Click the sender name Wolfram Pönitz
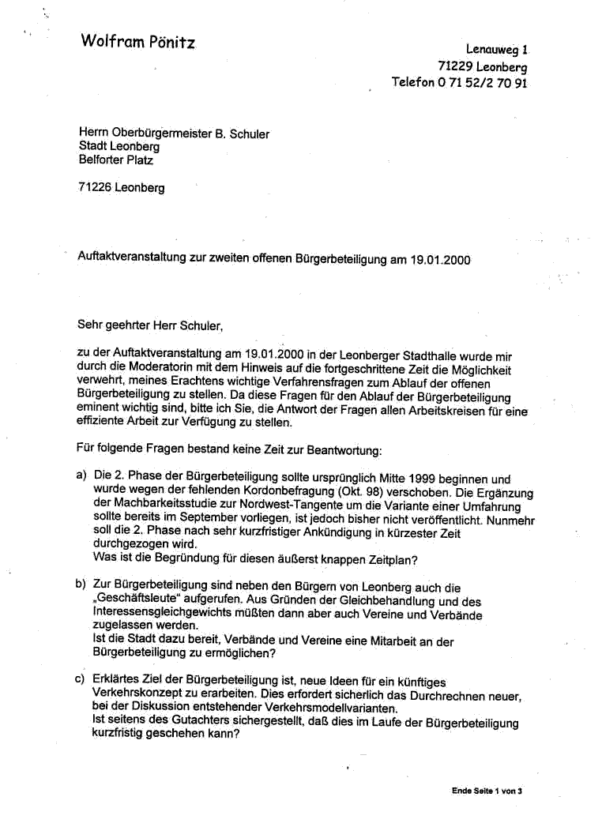pyautogui.click(x=137, y=42)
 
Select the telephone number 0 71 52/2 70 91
pyautogui.click(x=482, y=83)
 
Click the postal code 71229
pyautogui.click(x=455, y=66)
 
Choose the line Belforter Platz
pyautogui.click(x=116, y=160)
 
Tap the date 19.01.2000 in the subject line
pyautogui.click(x=441, y=259)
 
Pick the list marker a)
pyautogui.click(x=81, y=478)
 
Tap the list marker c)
pyautogui.click(x=81, y=681)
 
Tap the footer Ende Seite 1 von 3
pyautogui.click(x=487, y=790)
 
